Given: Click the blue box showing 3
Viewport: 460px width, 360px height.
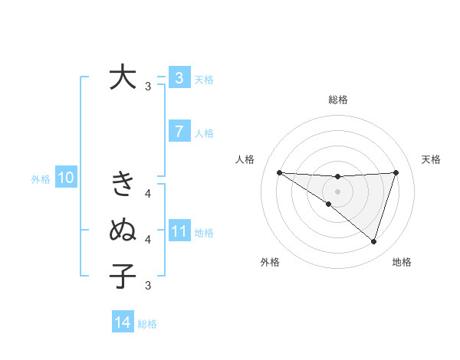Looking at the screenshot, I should pos(179,77).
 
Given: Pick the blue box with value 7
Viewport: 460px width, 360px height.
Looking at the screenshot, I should pos(179,131).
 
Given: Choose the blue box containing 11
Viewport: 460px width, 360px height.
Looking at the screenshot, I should pos(179,231).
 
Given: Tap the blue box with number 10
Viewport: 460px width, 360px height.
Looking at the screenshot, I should pos(66,178).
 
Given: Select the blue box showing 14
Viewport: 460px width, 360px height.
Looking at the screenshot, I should pos(122,322).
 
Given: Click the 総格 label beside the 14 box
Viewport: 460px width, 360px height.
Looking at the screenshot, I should pos(147,324).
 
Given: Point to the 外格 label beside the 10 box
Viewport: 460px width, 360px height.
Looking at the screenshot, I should pos(41,179).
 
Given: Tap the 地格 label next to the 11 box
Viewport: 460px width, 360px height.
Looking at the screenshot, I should pos(204,232).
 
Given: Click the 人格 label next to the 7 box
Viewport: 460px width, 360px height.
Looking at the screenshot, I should pos(204,133).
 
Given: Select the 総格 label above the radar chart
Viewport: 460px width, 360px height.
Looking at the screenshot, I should pos(337,100).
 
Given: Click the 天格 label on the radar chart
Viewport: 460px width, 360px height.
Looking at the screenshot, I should pos(431,159).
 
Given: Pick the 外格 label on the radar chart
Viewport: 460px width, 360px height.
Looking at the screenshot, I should pos(270,263).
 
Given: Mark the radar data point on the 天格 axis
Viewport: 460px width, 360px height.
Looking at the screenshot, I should pos(396,172).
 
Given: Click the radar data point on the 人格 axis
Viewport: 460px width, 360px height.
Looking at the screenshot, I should pos(279,172).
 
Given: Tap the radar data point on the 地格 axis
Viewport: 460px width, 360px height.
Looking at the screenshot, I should pos(373,241).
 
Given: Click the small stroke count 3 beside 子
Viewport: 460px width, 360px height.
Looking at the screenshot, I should pos(148,286).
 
